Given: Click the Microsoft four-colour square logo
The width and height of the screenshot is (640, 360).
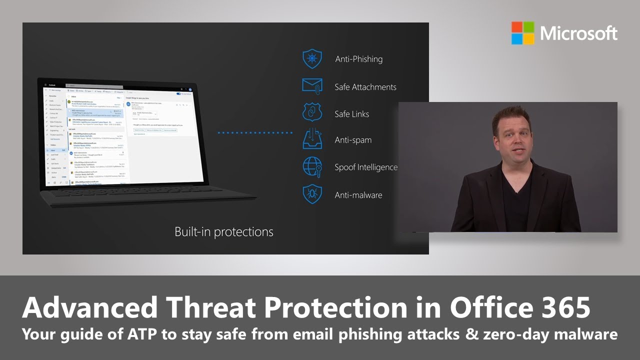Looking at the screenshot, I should [x=523, y=33].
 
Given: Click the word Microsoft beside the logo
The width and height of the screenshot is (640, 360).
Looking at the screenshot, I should [x=578, y=33].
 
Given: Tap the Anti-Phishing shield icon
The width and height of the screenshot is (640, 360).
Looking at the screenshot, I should [x=312, y=59].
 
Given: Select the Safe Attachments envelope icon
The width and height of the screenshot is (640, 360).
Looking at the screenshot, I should [x=312, y=86].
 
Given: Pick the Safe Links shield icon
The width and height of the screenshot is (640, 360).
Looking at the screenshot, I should [x=312, y=113].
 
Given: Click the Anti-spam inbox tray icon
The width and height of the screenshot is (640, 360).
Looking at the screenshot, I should [x=312, y=139].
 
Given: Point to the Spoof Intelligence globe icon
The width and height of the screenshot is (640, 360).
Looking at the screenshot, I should [x=312, y=167].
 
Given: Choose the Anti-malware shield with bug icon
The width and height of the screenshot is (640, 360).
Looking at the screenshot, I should [x=312, y=194].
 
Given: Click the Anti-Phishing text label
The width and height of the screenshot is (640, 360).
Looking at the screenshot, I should [x=358, y=59].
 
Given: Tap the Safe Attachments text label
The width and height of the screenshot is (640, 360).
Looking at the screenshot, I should [x=365, y=87].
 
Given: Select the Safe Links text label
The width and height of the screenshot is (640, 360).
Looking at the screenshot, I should [x=351, y=114].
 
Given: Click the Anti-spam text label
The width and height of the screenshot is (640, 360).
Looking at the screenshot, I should [x=353, y=140].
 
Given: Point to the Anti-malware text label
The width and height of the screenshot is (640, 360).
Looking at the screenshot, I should [x=358, y=195].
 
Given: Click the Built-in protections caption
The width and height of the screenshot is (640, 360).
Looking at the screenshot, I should [x=223, y=232].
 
